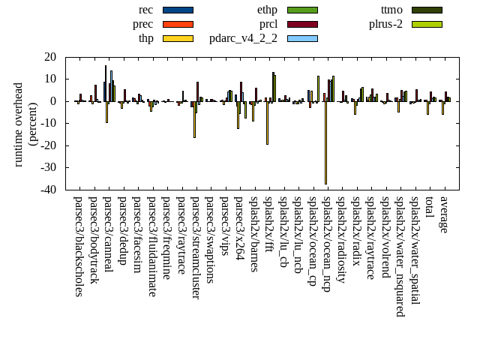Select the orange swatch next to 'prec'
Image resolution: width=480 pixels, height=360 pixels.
(x=178, y=24)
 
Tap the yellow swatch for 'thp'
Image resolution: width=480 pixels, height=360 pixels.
(x=178, y=38)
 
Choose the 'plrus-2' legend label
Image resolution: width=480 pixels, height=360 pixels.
(x=385, y=24)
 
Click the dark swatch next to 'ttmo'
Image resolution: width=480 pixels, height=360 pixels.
(x=427, y=10)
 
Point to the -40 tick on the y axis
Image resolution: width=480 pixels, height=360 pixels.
(x=49, y=190)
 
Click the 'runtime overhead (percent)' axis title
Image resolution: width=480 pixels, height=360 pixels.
(x=25, y=124)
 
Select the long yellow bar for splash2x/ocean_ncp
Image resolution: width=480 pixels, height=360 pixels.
(x=325, y=142)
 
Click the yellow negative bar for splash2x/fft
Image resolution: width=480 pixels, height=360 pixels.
(x=267, y=122)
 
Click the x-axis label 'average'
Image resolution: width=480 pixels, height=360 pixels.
(x=443, y=214)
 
